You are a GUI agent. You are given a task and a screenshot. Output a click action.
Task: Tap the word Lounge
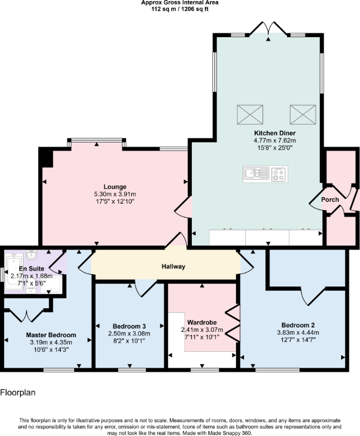pos(115,187)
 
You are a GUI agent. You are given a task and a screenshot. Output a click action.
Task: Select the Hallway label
pos(174,267)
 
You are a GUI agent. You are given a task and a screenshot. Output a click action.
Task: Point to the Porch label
pos(330,199)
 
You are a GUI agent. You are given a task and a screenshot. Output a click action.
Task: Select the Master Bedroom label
pos(51,335)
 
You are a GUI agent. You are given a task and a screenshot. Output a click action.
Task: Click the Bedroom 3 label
pos(129,326)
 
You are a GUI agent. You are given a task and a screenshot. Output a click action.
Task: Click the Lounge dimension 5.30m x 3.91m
pos(115,194)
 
